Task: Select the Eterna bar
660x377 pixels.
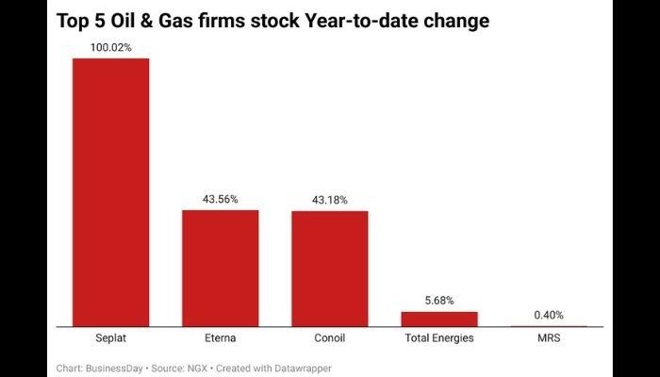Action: (220, 268)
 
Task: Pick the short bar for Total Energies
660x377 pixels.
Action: (438, 319)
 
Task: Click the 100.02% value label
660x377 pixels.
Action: (110, 47)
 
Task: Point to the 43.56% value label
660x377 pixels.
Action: (220, 199)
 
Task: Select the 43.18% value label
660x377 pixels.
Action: (329, 200)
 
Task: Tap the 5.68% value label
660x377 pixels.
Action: (438, 300)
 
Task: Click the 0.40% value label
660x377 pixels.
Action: (548, 315)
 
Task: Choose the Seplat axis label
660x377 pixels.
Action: (110, 337)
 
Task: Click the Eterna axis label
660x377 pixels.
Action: (220, 337)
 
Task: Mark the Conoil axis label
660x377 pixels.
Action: (329, 337)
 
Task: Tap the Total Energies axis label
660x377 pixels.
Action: (438, 337)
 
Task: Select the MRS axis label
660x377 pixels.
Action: (548, 337)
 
